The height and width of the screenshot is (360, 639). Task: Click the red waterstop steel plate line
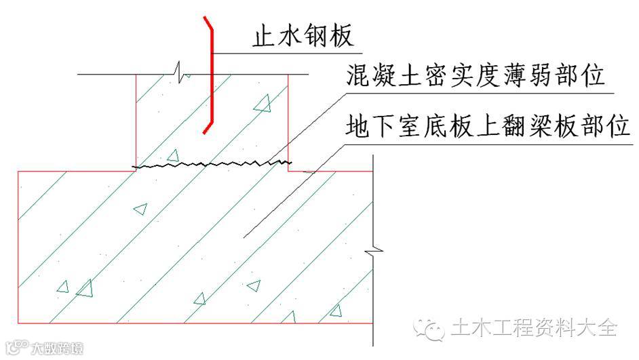point(212,81)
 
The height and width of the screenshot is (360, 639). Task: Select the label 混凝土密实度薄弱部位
point(474,76)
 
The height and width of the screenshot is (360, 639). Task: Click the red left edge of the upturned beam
point(136,119)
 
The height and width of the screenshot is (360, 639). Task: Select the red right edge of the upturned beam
point(289,119)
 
